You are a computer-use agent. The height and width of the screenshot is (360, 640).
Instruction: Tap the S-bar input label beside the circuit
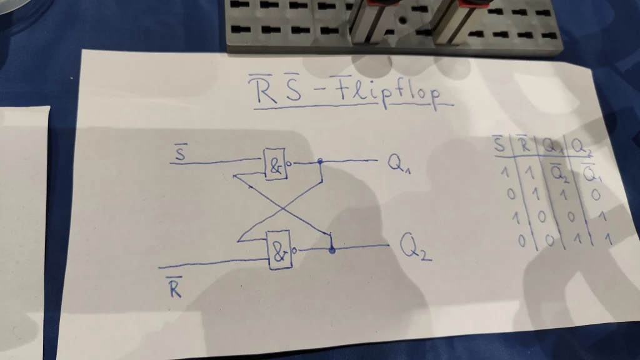pyautogui.click(x=179, y=152)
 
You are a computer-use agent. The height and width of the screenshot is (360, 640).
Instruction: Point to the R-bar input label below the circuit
pyautogui.click(x=175, y=289)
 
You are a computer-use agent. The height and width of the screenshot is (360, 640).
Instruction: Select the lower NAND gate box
pyautogui.click(x=280, y=251)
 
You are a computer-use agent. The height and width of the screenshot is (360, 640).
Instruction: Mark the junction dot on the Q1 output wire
pyautogui.click(x=320, y=161)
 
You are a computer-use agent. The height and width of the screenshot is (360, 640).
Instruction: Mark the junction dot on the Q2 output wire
pyautogui.click(x=332, y=250)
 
